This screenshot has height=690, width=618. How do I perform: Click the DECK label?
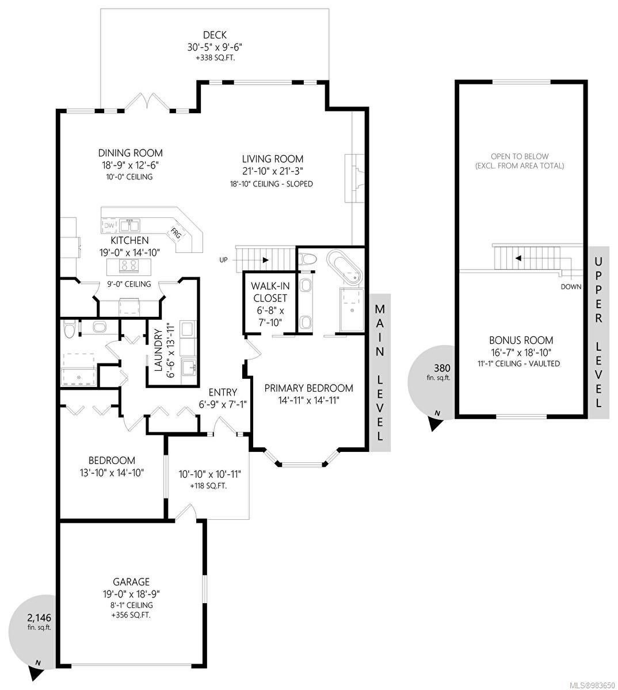point(215,34)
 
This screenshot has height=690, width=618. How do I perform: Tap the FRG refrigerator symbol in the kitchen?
point(176,233)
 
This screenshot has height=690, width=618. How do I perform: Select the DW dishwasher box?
point(109,225)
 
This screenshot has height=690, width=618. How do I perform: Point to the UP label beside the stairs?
point(223,260)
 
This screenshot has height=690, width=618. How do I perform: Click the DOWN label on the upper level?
point(571,287)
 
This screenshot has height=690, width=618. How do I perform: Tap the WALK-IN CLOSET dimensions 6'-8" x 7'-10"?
point(270,316)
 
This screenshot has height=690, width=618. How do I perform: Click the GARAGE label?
point(131,581)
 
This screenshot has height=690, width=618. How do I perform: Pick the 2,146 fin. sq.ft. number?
point(39,618)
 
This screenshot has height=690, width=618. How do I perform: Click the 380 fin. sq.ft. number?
point(442,368)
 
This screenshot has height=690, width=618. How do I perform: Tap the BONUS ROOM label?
point(521,340)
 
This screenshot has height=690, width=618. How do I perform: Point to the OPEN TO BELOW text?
point(520,156)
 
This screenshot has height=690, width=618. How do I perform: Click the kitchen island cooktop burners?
point(129,266)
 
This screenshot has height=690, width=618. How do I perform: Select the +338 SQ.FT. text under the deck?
point(215,58)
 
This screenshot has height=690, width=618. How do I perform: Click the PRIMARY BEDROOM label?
point(308,388)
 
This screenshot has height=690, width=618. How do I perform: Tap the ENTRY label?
point(223,392)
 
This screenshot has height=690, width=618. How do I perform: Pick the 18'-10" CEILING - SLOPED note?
point(272,184)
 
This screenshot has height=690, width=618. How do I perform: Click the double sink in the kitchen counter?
point(129,225)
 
